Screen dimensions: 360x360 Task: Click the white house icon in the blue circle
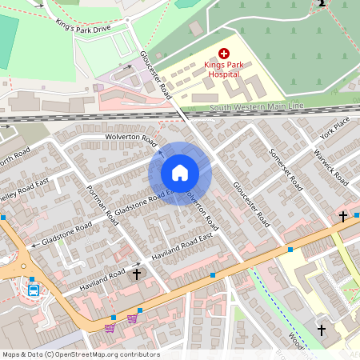(x=180, y=173)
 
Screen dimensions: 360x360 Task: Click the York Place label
(x=334, y=127)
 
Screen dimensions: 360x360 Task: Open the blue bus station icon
(x=34, y=290)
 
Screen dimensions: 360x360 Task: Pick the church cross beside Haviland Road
(x=136, y=274)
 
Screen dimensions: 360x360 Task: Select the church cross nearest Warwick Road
(x=342, y=216)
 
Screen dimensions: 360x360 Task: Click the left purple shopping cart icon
(x=110, y=326)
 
